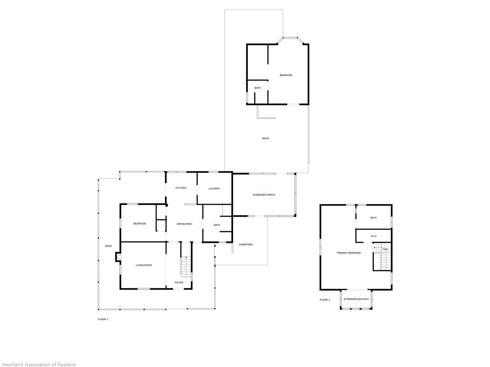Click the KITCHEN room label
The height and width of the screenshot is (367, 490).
coord(180,188)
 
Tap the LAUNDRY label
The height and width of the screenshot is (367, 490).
coord(214,188)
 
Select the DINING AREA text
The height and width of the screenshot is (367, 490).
coord(184,224)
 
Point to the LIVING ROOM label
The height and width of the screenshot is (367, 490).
coord(144,265)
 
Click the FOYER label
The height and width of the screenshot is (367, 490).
coord(179,282)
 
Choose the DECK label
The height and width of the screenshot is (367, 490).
coord(108,246)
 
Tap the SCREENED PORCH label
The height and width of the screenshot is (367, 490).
coord(264,194)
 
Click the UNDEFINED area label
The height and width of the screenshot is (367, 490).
coord(245,244)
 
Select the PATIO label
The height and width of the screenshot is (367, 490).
coord(265,138)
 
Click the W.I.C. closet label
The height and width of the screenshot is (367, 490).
coord(374,236)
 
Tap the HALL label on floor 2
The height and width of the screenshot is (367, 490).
coord(385,249)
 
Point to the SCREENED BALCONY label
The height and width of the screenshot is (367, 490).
coord(356,299)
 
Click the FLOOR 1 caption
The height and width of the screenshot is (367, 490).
coord(103,319)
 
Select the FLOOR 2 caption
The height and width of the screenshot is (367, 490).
coord(324,300)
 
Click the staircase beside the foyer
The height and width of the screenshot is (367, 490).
coord(186,266)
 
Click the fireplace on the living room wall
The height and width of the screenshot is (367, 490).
coord(118,257)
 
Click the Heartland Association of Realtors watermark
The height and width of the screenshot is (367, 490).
coord(38,364)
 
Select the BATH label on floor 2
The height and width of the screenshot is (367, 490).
coord(373,217)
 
